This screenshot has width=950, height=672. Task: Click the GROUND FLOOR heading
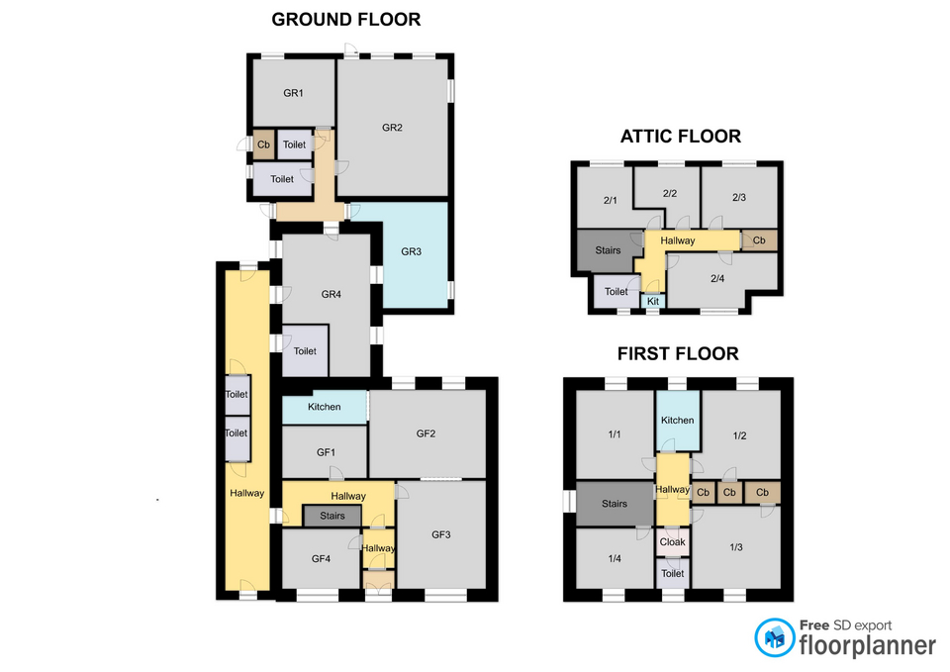coord(346,20)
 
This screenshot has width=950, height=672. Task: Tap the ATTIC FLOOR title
coord(681,137)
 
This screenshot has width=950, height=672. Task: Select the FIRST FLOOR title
coord(678,354)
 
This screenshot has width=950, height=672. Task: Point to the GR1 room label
coord(293,93)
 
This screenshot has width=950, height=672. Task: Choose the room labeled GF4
coord(321,559)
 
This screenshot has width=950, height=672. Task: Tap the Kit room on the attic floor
coord(653,301)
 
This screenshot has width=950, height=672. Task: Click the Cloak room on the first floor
coord(673,542)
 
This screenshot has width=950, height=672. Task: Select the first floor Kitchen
coord(678,421)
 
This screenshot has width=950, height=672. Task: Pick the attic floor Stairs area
coord(608,250)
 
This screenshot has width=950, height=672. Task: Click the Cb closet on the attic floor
coord(759,240)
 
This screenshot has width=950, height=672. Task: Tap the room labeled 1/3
coord(736,547)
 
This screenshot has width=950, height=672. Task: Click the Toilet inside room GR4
coord(306,351)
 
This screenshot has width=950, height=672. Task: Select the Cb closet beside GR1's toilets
coord(263,144)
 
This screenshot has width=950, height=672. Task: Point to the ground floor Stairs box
coord(332,516)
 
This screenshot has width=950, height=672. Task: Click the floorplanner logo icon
coord(774,637)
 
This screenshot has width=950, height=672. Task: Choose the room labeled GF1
coord(326,452)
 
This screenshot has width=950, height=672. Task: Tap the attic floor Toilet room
coord(617,291)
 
